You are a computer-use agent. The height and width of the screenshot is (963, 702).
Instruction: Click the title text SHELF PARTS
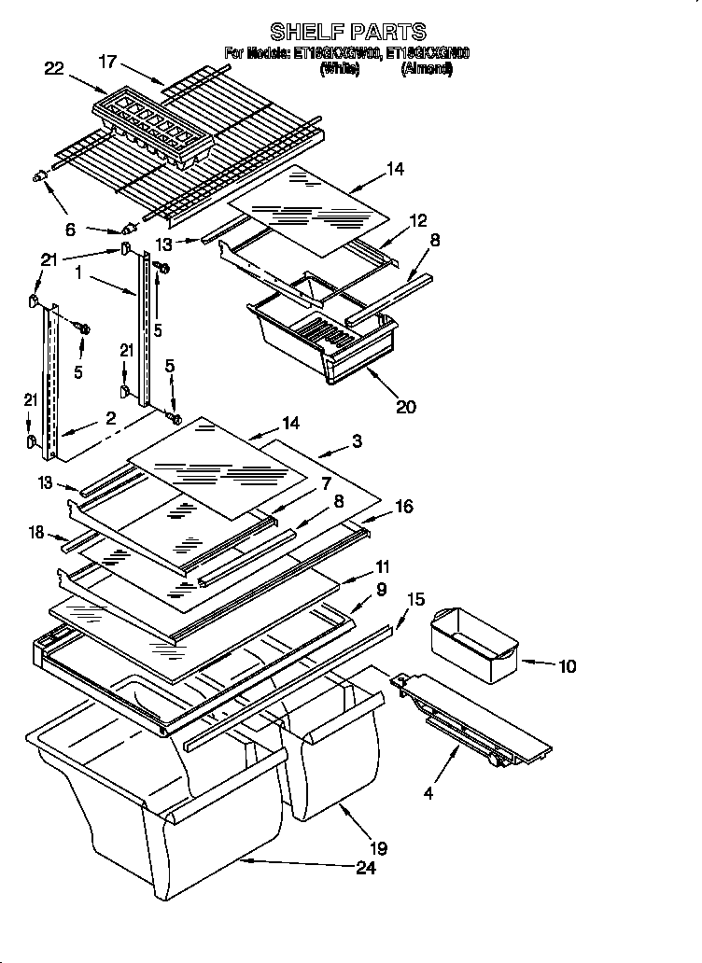[348, 32]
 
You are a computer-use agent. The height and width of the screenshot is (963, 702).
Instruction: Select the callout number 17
[109, 63]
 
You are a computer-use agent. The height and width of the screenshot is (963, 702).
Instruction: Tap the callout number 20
[405, 406]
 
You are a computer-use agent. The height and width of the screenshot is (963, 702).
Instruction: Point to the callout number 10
[567, 666]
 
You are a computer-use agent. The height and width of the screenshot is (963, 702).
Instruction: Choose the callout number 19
[378, 848]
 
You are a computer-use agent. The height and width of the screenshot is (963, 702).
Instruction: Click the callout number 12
[417, 220]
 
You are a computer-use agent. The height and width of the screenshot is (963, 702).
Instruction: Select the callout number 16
[403, 507]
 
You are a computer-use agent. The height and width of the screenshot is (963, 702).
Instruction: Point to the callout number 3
[358, 440]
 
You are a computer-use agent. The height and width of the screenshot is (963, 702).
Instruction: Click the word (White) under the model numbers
[339, 70]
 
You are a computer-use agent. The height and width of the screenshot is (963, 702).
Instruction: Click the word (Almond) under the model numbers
[427, 70]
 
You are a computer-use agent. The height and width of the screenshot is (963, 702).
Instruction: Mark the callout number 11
[382, 566]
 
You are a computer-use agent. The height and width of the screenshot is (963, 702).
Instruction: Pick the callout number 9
[381, 590]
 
